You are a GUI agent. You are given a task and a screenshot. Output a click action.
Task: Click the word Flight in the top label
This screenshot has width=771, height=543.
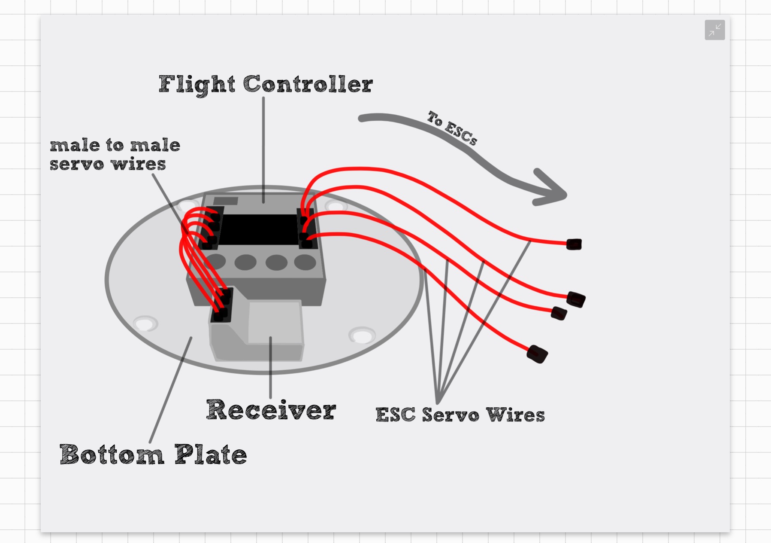tap(197, 84)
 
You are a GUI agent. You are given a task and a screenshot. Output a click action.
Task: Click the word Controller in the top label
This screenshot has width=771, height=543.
tap(308, 84)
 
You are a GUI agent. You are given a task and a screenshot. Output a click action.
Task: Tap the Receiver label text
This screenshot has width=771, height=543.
tap(271, 410)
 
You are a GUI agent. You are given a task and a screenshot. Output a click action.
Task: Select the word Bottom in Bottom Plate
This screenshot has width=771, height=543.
tap(112, 455)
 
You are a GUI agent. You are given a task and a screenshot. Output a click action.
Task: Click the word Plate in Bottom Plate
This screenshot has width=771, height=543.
tap(211, 455)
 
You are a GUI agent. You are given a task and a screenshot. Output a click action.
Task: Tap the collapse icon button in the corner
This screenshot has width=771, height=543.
tap(714, 30)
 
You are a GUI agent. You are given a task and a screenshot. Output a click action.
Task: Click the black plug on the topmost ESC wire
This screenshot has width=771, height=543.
tap(574, 244)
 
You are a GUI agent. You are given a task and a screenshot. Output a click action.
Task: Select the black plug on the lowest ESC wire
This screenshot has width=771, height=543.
tap(537, 354)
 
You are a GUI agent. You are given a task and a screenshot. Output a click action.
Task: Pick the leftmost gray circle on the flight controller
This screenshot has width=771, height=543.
tap(216, 261)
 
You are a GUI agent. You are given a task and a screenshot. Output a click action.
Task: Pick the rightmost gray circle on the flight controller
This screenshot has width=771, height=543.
tap(305, 262)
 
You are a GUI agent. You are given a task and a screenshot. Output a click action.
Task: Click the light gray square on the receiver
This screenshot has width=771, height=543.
tap(275, 322)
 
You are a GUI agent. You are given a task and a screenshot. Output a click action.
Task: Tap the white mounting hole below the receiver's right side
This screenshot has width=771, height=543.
tap(362, 335)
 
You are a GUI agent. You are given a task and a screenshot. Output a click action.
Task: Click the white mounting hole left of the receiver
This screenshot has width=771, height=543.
tap(145, 323)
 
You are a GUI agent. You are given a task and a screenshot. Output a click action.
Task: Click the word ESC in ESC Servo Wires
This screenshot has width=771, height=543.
tap(395, 415)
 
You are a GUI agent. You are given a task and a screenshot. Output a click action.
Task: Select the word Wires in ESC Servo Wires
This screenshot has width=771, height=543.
tap(515, 415)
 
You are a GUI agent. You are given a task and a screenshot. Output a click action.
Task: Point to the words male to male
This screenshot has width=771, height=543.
tap(115, 145)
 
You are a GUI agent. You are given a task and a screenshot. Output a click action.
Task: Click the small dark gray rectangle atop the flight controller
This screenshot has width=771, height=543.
tap(225, 201)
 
